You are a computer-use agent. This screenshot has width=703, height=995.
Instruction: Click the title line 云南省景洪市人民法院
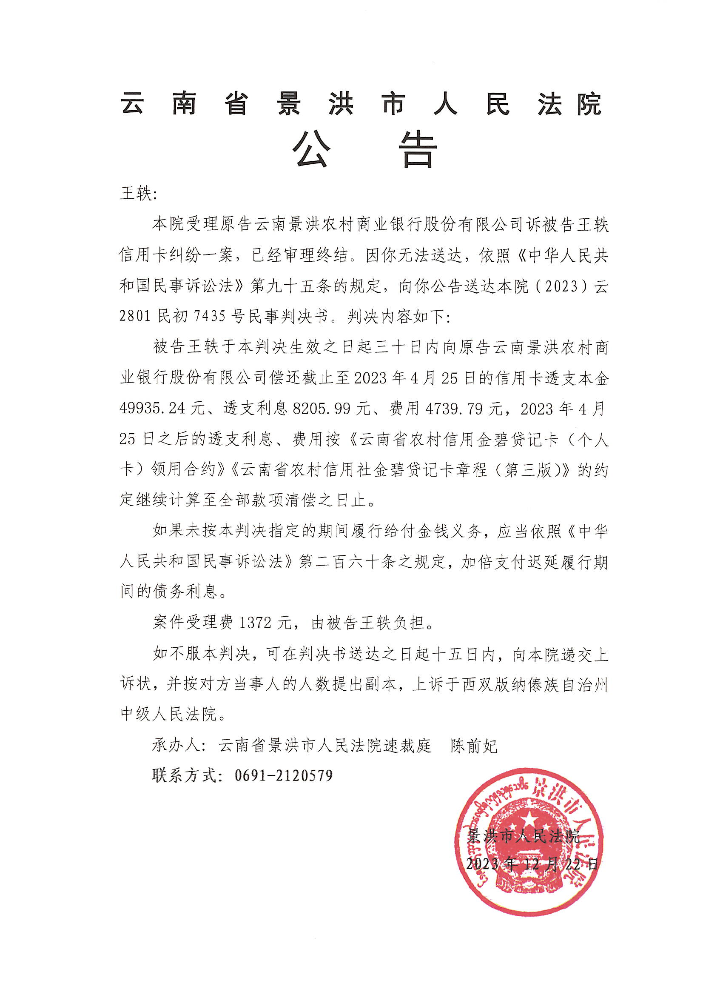tap(361, 104)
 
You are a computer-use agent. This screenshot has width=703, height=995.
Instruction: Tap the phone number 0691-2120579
tap(284, 775)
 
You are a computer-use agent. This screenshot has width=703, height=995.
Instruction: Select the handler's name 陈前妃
tap(474, 745)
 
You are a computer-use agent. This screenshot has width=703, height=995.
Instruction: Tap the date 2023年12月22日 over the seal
tap(532, 864)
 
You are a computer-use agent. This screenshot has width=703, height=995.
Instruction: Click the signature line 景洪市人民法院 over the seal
tap(523, 835)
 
